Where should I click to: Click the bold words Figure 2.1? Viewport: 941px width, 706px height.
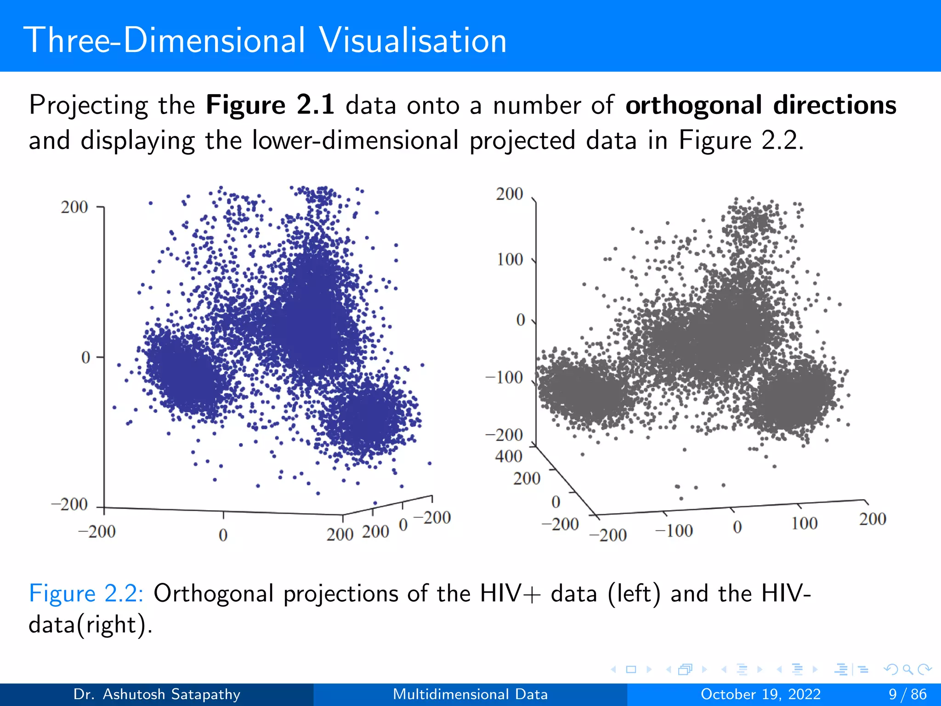[x=270, y=105]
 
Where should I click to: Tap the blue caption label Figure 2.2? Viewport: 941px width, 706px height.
[x=86, y=593]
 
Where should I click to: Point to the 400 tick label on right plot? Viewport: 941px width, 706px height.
[x=509, y=456]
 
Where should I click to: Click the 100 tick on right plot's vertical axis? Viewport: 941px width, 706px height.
[x=510, y=260]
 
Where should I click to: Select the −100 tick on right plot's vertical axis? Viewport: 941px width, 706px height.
[x=505, y=378]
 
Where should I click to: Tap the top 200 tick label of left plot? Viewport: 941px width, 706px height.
[x=74, y=207]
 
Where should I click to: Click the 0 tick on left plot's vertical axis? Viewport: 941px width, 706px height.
[x=86, y=358]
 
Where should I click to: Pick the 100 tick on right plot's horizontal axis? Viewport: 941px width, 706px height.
[x=804, y=523]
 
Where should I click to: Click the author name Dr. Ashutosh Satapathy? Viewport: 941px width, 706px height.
[x=157, y=694]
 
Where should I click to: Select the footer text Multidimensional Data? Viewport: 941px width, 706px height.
[x=470, y=694]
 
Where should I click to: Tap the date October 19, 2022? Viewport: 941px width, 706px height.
[x=760, y=694]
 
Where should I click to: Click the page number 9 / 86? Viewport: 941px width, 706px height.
[x=907, y=694]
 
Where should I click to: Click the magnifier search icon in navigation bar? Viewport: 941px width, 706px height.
[x=907, y=669]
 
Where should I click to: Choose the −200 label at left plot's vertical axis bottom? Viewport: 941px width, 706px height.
[x=69, y=504]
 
